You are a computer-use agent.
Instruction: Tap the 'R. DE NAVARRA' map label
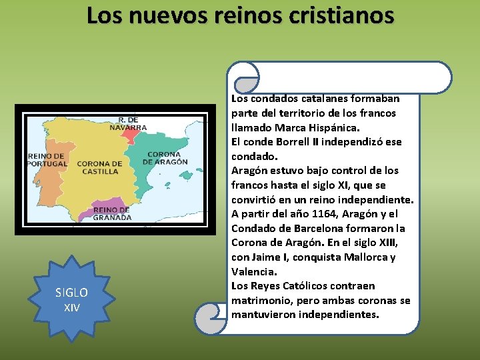pyautogui.click(x=129, y=123)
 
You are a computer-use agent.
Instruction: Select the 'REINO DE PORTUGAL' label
pyautogui.click(x=47, y=159)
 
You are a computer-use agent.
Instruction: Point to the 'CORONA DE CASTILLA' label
pyautogui.click(x=99, y=167)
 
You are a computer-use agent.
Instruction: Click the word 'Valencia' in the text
pyautogui.click(x=253, y=272)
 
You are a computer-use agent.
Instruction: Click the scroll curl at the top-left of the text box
pyautogui.click(x=243, y=77)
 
